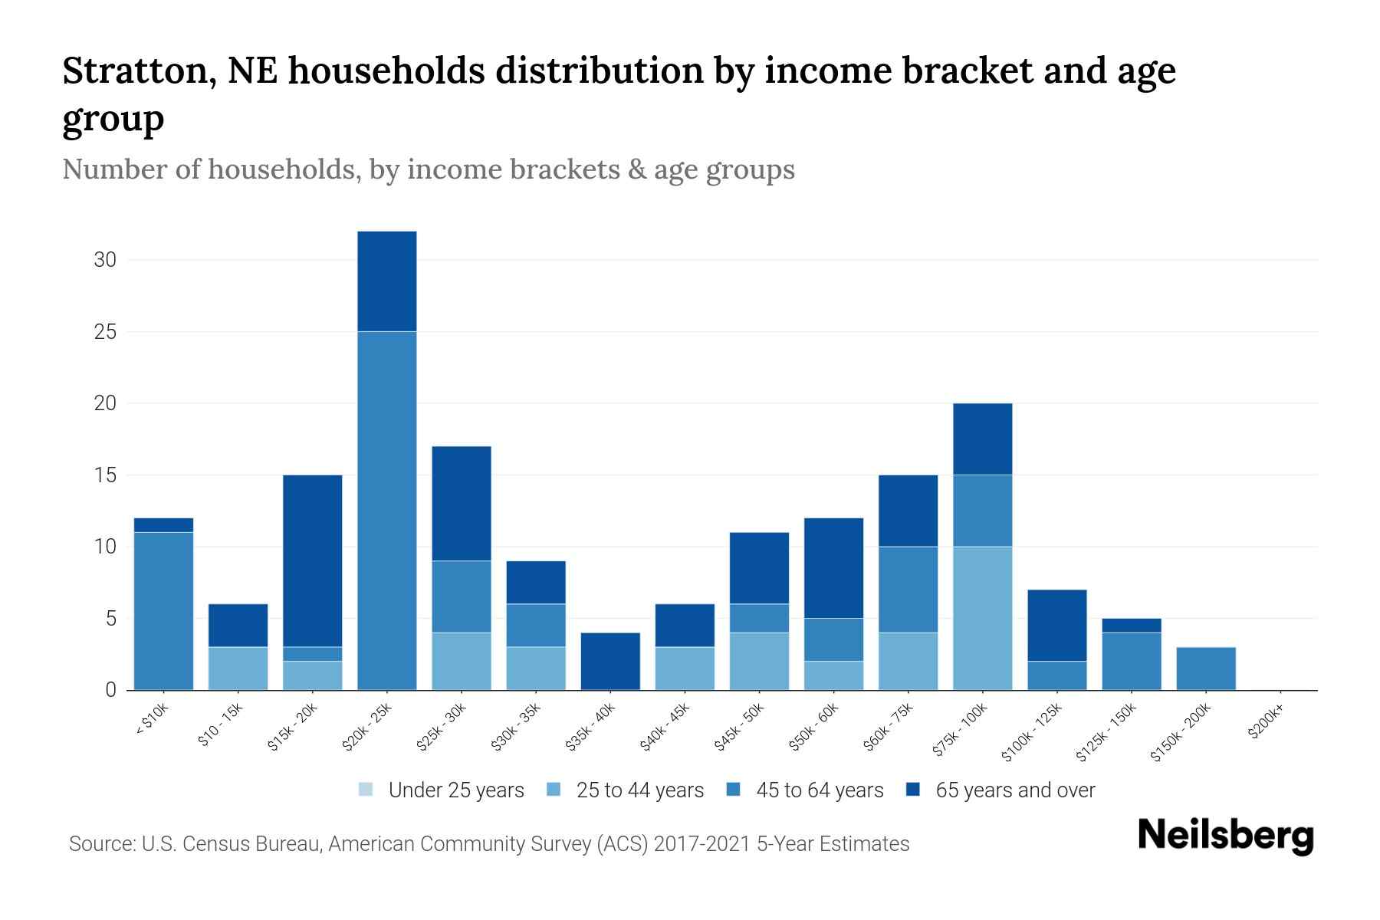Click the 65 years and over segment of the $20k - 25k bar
[x=387, y=281]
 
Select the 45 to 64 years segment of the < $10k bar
[x=163, y=611]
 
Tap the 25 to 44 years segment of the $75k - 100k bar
[x=982, y=618]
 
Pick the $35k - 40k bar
[x=610, y=661]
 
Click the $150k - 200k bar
[x=1206, y=669]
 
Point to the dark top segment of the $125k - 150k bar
[x=1132, y=626]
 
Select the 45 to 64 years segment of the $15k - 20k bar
[x=313, y=654]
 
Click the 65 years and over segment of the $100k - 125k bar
[x=1056, y=625]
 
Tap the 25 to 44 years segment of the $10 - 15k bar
[x=238, y=669]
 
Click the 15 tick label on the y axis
[x=105, y=475]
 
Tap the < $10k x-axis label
[x=151, y=721]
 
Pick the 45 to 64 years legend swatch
[x=734, y=790]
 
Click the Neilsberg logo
[x=1225, y=836]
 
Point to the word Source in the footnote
[x=100, y=844]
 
